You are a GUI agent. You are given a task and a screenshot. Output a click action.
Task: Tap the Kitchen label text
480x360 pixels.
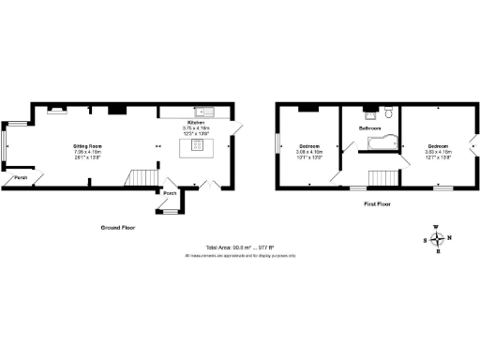[196, 123]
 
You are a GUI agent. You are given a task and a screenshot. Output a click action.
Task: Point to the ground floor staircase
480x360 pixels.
[142, 176]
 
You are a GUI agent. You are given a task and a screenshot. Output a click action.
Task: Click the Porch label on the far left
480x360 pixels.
[20, 176]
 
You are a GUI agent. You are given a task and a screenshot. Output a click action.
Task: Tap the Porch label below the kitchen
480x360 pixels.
[170, 194]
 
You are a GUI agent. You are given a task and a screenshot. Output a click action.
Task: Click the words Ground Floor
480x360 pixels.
[119, 227]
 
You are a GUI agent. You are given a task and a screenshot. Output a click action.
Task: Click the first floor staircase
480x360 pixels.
[381, 178]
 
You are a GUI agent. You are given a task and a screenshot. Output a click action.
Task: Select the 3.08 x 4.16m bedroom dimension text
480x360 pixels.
[309, 152]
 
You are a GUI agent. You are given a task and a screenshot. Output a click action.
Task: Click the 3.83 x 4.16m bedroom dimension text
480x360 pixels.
[438, 152]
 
